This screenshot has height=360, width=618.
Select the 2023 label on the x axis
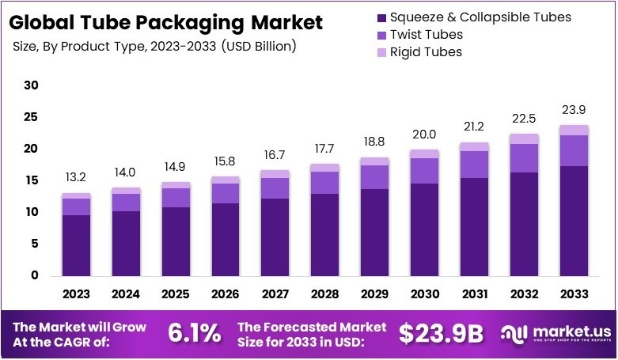[76, 294]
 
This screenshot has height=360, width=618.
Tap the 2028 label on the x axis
[325, 294]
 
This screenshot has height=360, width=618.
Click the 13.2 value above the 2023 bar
[76, 177]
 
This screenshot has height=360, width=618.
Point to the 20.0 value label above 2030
[424, 134]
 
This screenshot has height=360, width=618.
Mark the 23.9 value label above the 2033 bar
[574, 110]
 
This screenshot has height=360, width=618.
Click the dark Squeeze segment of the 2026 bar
[226, 239]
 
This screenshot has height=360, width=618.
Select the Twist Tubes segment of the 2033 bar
[574, 150]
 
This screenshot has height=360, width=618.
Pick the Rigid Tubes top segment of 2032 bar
[525, 138]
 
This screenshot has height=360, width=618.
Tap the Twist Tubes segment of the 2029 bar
[375, 176]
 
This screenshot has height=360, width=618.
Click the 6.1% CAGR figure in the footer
[194, 333]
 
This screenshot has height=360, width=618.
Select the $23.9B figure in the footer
[441, 333]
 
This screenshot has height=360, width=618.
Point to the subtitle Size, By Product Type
[154, 46]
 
